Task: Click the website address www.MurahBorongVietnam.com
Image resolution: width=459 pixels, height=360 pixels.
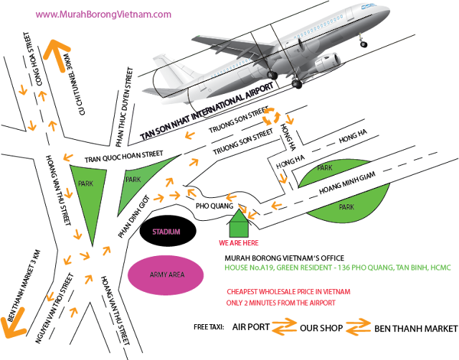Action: tap(103, 14)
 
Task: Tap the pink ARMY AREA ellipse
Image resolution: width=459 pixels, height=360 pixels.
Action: tap(166, 275)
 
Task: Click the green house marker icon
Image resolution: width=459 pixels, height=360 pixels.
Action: tap(240, 223)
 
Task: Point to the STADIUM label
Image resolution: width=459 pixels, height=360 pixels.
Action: tap(166, 232)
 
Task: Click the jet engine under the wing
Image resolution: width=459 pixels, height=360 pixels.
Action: tap(326, 63)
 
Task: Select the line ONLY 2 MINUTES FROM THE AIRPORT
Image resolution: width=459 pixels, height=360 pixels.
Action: tap(280, 303)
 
